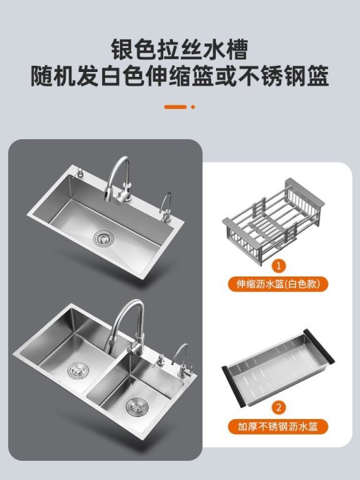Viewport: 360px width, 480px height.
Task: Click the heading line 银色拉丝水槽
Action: [180, 49]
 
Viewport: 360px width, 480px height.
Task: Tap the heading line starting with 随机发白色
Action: [180, 75]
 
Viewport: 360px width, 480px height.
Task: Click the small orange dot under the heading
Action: [193, 107]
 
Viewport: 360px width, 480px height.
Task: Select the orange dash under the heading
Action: [175, 107]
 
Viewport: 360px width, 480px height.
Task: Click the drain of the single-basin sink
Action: [104, 237]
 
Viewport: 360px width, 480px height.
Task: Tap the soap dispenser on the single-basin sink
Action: [81, 172]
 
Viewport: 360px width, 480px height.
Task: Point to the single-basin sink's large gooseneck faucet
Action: [119, 180]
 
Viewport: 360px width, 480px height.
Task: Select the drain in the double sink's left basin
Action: [78, 370]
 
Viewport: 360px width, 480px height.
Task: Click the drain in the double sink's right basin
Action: [137, 407]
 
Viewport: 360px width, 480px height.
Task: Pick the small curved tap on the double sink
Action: [183, 362]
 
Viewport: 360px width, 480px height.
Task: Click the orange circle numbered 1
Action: [278, 266]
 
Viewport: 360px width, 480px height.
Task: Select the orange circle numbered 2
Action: [278, 408]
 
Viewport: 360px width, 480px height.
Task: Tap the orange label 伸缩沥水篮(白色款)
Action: [278, 284]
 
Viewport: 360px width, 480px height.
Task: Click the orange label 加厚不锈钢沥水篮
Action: [278, 427]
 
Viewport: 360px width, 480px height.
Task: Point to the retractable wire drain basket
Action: [273, 219]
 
